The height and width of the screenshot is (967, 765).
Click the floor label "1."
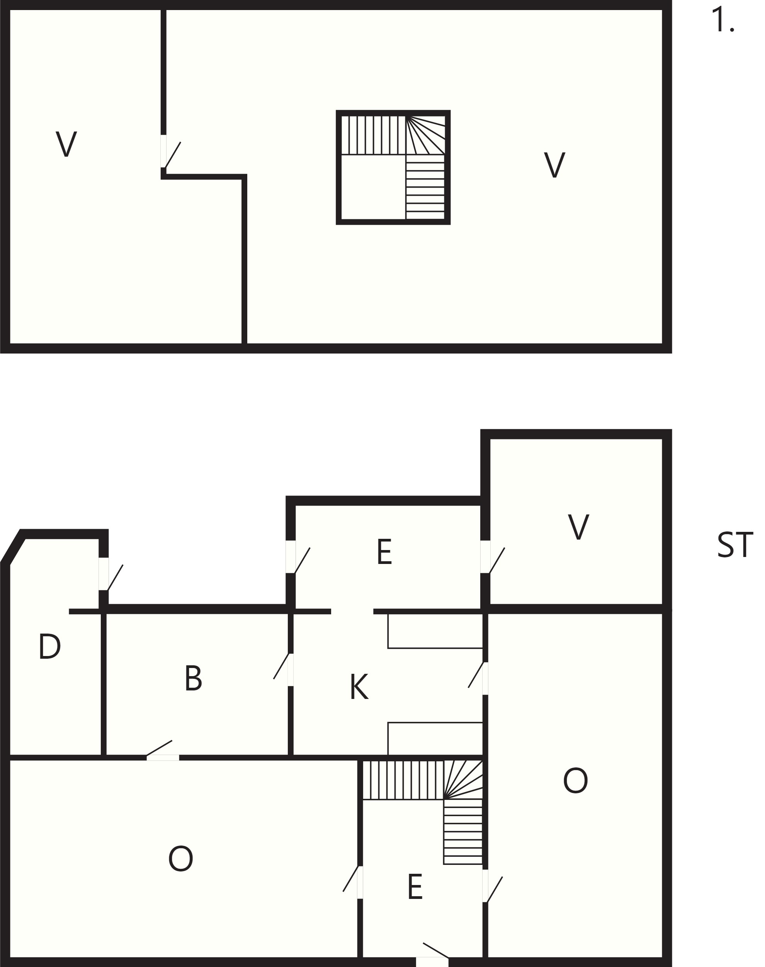click(x=723, y=21)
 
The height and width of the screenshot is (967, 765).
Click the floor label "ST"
click(x=735, y=545)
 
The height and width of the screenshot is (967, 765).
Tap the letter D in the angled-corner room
click(x=49, y=646)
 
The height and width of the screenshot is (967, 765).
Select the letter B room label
click(x=194, y=678)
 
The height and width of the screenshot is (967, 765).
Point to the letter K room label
click(x=359, y=687)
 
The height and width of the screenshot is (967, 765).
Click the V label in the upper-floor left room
click(x=66, y=144)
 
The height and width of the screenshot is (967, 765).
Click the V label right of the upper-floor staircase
click(x=554, y=165)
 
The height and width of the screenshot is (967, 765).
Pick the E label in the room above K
click(x=384, y=552)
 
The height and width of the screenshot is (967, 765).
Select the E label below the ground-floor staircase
click(x=415, y=887)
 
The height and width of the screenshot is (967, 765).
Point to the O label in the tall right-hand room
click(x=576, y=781)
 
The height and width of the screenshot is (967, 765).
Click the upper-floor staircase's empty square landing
click(x=373, y=187)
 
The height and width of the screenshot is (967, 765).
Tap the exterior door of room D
click(x=110, y=574)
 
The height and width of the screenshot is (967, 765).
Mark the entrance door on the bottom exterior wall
click(x=433, y=955)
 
